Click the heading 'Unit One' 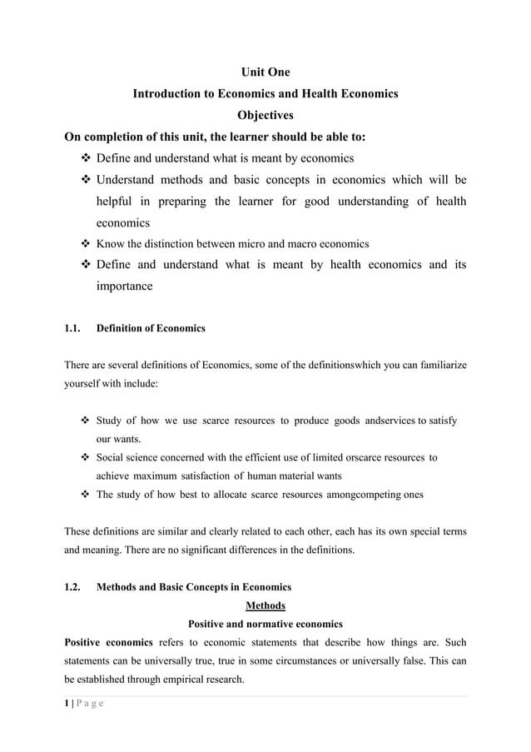pos(265,72)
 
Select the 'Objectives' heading pos(265,115)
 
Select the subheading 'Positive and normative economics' pos(265,624)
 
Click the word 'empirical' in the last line pos(168,679)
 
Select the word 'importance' pos(124,286)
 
